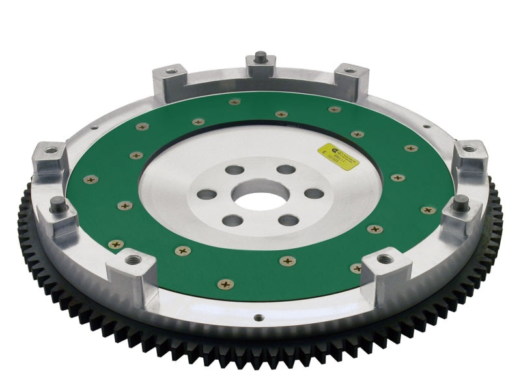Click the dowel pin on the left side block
(57, 206)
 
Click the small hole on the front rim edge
(259, 318)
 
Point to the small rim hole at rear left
(94, 127)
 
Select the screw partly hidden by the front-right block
(357, 268)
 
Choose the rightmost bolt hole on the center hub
(313, 193)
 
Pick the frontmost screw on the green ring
(225, 283)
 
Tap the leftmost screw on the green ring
(90, 178)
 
